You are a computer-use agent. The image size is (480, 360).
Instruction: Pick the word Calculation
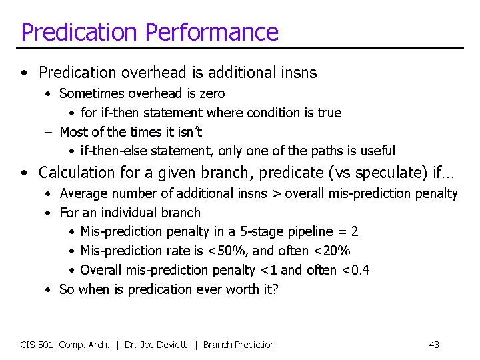click(x=77, y=173)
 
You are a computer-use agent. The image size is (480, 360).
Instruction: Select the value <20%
click(x=333, y=251)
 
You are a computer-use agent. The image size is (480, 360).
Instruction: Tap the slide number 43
click(x=434, y=345)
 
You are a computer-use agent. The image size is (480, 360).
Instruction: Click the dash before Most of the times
click(x=49, y=132)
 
